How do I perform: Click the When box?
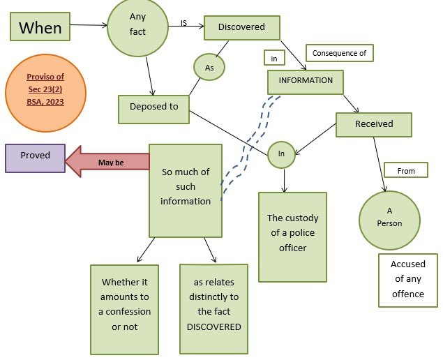pyautogui.click(x=40, y=27)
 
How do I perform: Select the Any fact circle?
pyautogui.click(x=137, y=27)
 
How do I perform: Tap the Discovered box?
pyautogui.click(x=241, y=27)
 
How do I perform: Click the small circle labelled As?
pyautogui.click(x=209, y=67)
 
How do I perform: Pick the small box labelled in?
pyautogui.click(x=274, y=59)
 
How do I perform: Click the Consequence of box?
pyautogui.click(x=340, y=53)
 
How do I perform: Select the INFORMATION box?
pyautogui.click(x=306, y=81)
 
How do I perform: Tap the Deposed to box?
pyautogui.click(x=153, y=107)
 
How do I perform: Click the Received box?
pyautogui.click(x=374, y=124)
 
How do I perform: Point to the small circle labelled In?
pyautogui.click(x=282, y=153)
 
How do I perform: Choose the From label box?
pyautogui.click(x=405, y=170)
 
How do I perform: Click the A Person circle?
pyautogui.click(x=389, y=220)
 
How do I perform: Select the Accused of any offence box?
pyautogui.click(x=407, y=280)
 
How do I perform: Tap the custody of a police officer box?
pyautogui.click(x=292, y=237)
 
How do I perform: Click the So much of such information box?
pyautogui.click(x=185, y=190)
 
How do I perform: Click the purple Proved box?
pyautogui.click(x=35, y=157)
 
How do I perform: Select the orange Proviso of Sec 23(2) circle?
pyautogui.click(x=45, y=93)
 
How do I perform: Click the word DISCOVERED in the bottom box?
pyautogui.click(x=213, y=327)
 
